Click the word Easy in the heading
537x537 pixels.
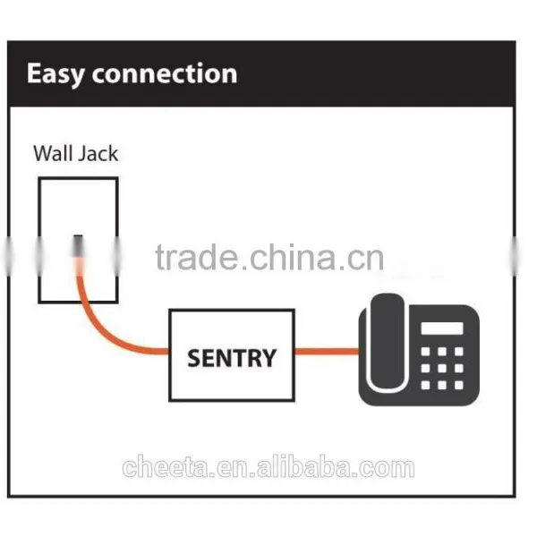tap(55, 74)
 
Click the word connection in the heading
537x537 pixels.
tap(165, 73)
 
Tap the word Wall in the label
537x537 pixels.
tap(53, 153)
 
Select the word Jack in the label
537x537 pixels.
tap(98, 153)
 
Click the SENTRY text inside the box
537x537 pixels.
tap(232, 358)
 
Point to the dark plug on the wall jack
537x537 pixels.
tap(78, 246)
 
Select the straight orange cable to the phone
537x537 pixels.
tap(327, 352)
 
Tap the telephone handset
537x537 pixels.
tap(387, 343)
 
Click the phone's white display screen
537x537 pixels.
tap(442, 328)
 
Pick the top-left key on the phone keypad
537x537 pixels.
tap(425, 352)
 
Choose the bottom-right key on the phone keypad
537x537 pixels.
tap(459, 385)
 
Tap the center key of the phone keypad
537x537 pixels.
tap(442, 368)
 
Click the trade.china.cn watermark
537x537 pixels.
tap(269, 257)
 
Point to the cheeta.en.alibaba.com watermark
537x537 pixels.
tap(268, 466)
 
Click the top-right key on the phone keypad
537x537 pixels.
tap(459, 352)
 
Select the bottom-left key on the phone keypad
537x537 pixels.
tap(425, 385)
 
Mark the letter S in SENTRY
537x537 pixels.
tap(194, 358)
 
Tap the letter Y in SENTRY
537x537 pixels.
tap(268, 358)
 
